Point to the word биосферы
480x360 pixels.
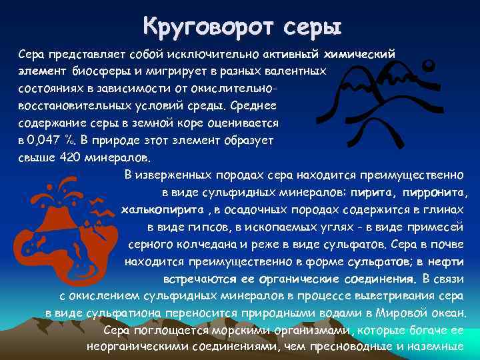pyautogui.click(x=91, y=70)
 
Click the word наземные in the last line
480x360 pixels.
pyautogui.click(x=439, y=347)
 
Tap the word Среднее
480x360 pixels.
pyautogui.click(x=249, y=105)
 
